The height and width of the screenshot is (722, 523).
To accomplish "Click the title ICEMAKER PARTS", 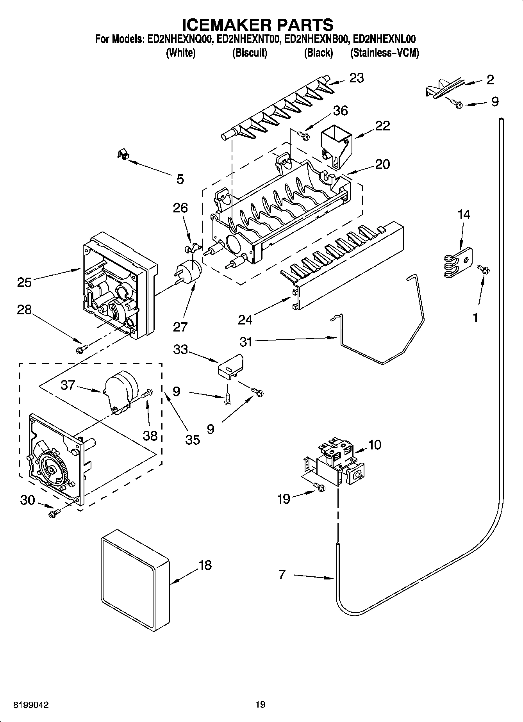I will [258, 24].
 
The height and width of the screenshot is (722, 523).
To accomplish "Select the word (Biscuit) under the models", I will [250, 53].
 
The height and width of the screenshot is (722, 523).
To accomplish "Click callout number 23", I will [356, 78].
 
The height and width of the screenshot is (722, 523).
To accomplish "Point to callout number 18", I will [205, 565].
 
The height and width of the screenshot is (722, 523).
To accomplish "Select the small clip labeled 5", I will [124, 154].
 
